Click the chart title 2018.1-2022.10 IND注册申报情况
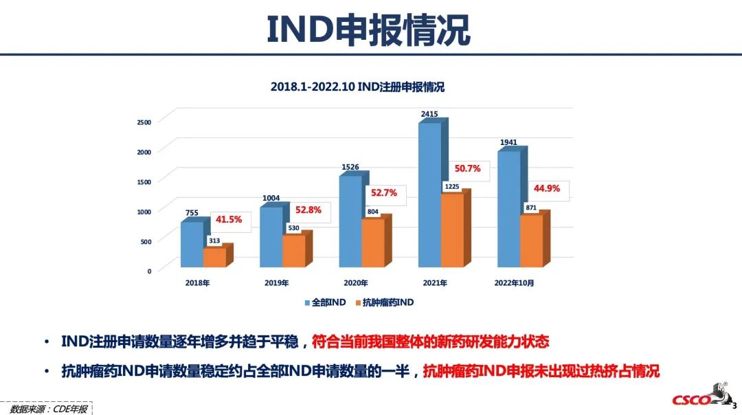[357, 87]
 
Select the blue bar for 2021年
[429, 196]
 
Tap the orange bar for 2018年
[214, 257]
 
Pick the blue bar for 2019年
[271, 237]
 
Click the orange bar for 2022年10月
[531, 241]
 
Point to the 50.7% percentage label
[467, 168]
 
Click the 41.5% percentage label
[229, 219]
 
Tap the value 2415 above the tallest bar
[429, 114]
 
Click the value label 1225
[451, 186]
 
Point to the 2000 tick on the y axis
[144, 151]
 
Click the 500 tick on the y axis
[144, 241]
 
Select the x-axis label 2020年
[355, 283]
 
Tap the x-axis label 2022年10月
[514, 283]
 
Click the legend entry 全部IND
[325, 302]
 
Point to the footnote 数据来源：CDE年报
[49, 409]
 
